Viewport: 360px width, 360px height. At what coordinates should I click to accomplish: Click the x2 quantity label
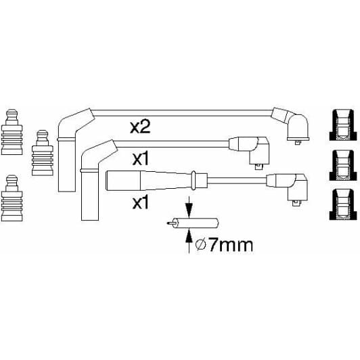(140, 126)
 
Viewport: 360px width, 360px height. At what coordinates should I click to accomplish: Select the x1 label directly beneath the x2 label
(140, 160)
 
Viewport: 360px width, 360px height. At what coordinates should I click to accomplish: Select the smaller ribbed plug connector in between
(42, 153)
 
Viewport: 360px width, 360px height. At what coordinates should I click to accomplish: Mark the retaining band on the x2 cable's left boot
(67, 140)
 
